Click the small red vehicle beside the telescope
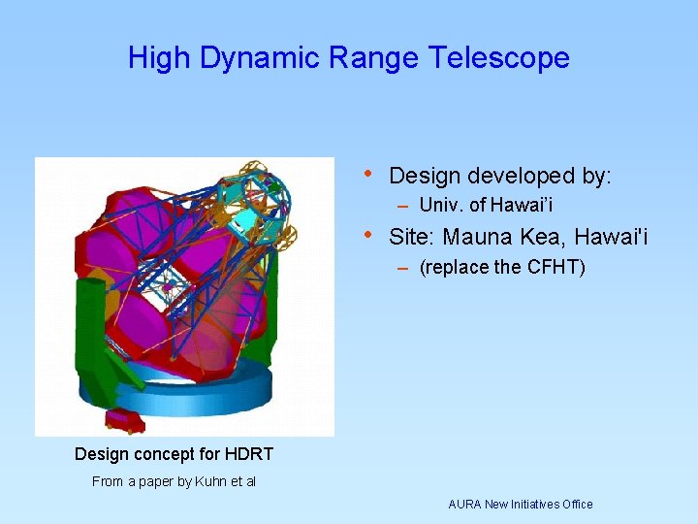[124, 420]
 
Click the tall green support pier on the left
[90, 320]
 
